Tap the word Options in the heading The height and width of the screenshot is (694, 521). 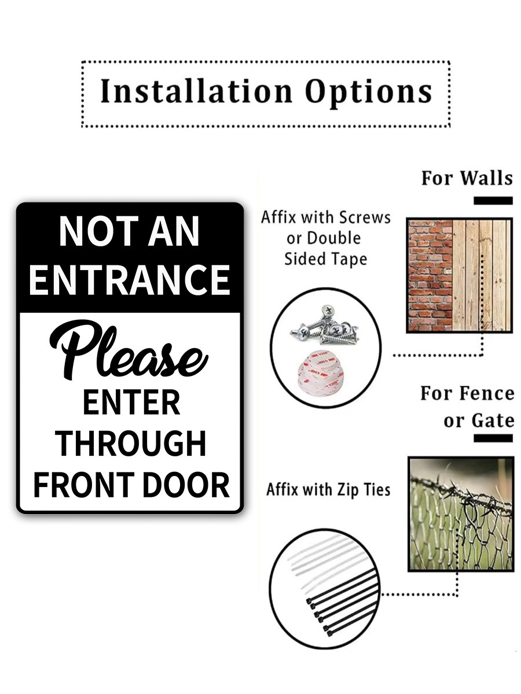click(369, 93)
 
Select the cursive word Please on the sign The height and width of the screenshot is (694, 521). click(129, 350)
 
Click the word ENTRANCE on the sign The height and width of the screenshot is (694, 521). click(129, 279)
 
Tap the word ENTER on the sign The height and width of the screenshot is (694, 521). click(131, 402)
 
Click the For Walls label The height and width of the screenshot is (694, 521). click(467, 178)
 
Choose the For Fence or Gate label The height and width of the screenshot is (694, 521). click(467, 407)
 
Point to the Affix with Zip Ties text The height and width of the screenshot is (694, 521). click(328, 490)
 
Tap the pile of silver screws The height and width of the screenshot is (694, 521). click(325, 325)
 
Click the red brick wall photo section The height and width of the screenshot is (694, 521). click(431, 275)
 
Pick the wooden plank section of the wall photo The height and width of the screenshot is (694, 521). click(482, 275)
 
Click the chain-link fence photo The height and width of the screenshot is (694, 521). click(461, 514)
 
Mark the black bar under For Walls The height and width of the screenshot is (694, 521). click(493, 201)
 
